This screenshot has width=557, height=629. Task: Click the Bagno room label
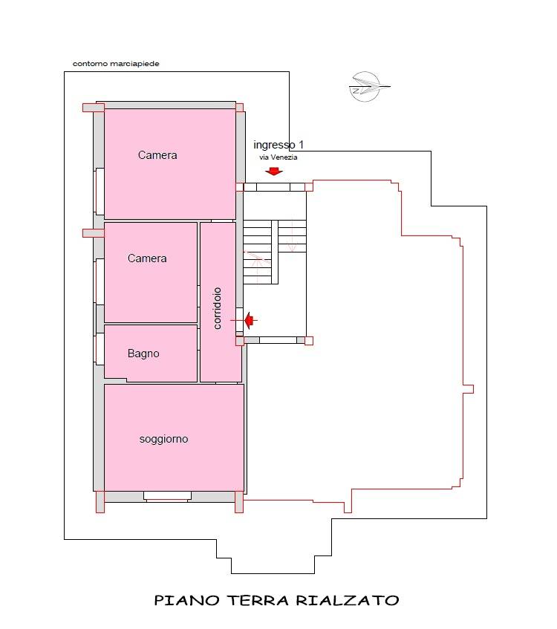point(143,353)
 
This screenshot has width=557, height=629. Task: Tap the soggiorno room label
point(163,439)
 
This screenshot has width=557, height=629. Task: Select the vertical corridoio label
point(217,308)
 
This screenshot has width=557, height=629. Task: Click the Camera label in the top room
point(157,155)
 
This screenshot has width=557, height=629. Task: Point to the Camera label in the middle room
point(147,258)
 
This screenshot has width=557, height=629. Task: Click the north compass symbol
point(368,87)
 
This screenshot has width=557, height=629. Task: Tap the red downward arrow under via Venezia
point(274,172)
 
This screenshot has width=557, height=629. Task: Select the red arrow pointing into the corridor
point(251,320)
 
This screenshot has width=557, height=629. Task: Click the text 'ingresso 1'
point(278,144)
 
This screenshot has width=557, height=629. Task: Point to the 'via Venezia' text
point(278,157)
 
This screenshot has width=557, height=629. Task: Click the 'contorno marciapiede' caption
point(116,64)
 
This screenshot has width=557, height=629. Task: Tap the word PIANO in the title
point(187,600)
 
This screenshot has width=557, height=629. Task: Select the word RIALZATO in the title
point(348,600)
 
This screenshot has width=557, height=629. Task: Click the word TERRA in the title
point(258,600)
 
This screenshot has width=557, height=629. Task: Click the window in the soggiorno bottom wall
point(167,497)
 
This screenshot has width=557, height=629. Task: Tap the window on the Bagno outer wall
point(99,349)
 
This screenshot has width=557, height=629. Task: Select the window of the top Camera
point(99,191)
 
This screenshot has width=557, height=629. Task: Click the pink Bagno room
point(151,353)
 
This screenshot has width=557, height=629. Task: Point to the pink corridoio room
point(220,302)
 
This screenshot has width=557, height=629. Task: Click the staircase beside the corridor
point(275,252)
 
